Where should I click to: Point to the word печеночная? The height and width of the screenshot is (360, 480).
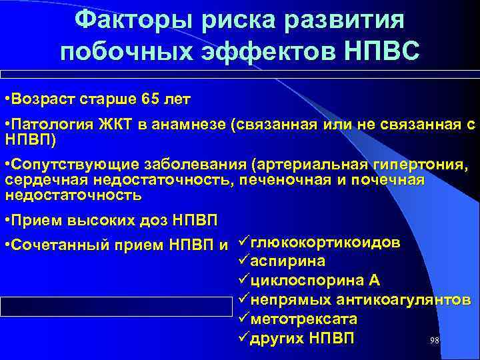(274, 181)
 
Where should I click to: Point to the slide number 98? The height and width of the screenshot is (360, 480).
(434, 340)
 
